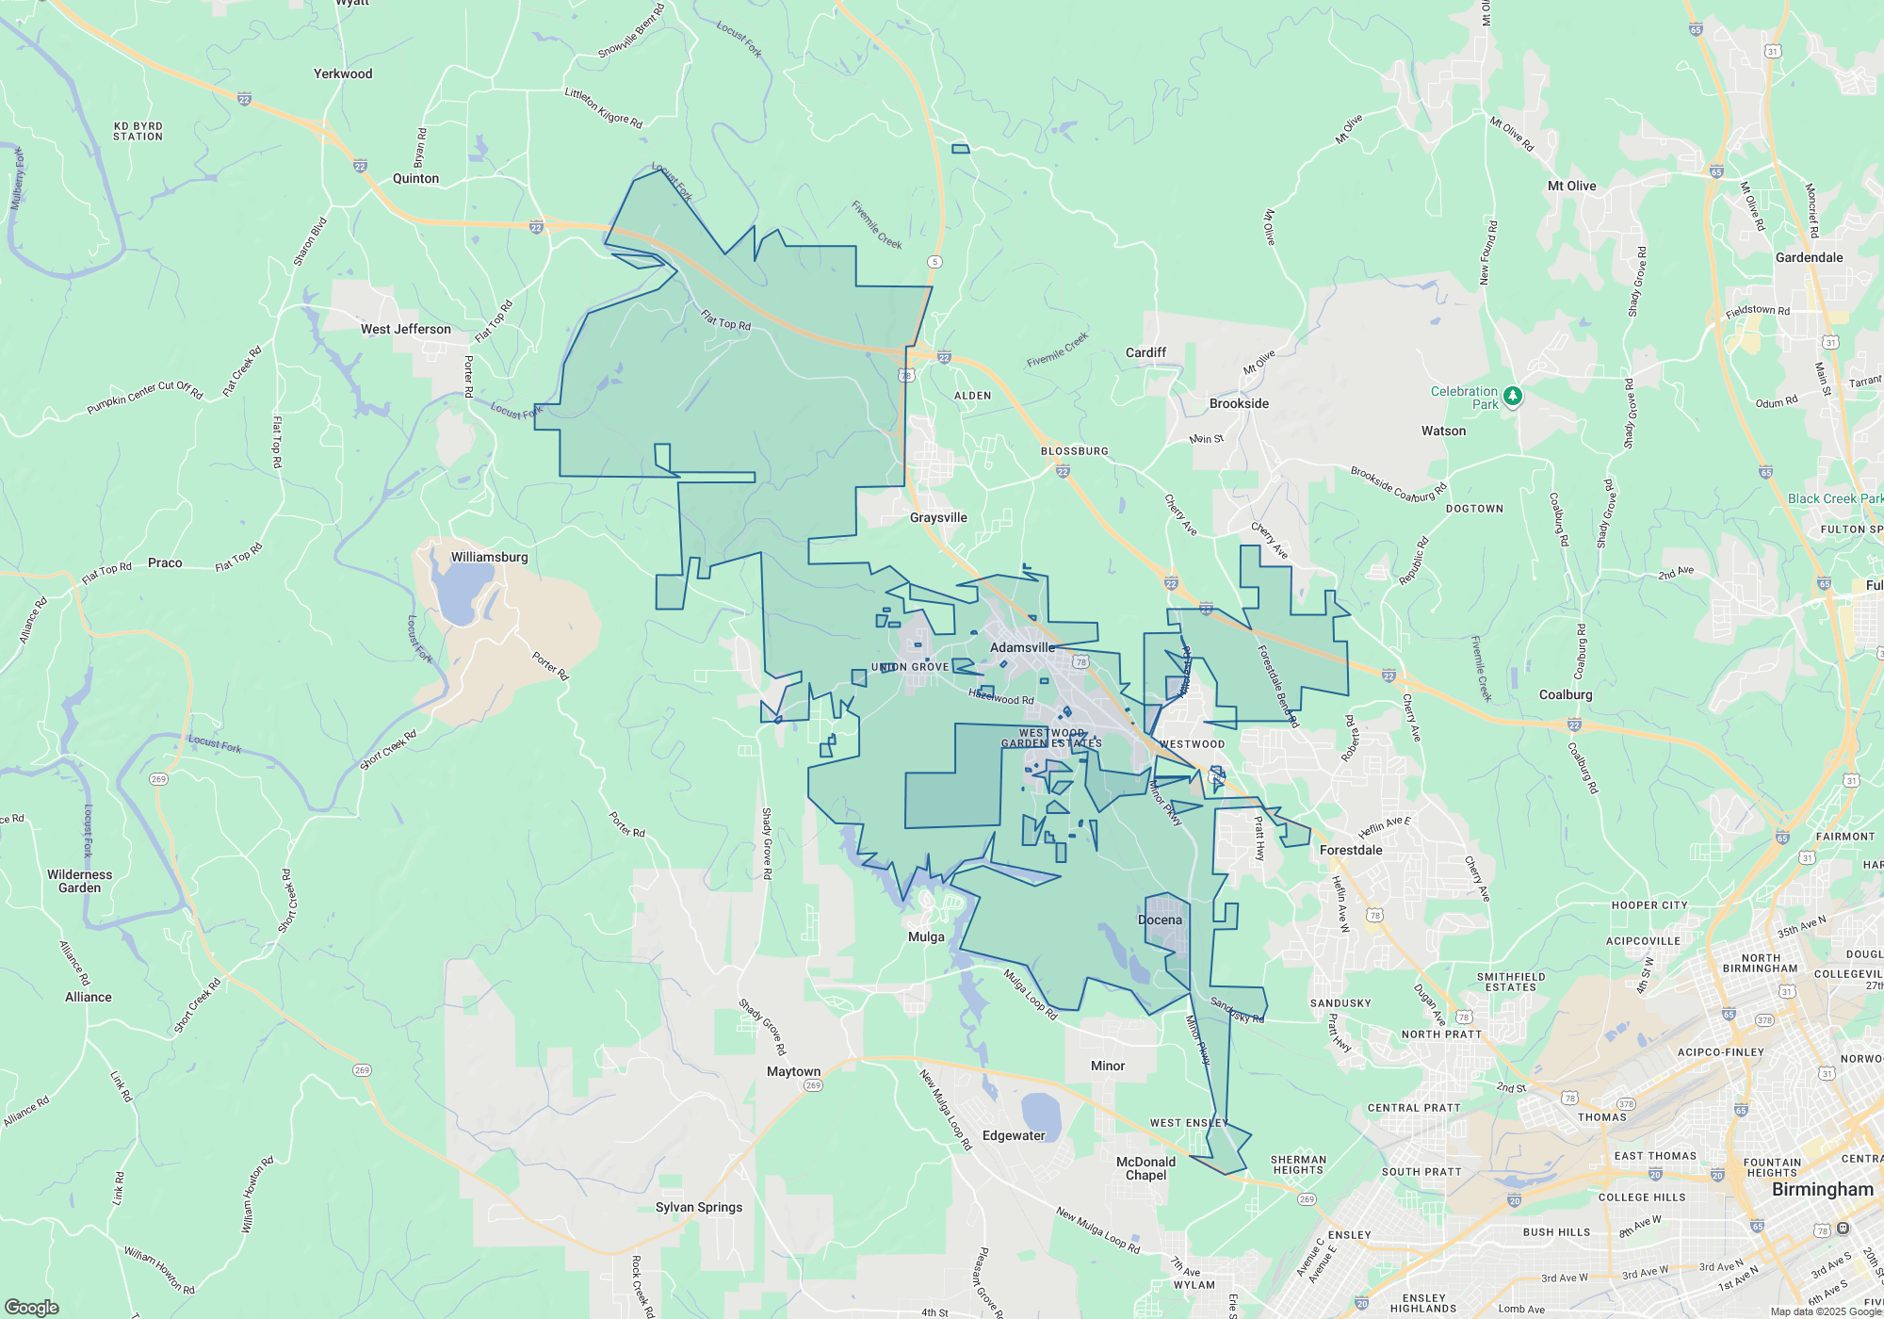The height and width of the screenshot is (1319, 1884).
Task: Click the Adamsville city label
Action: pyautogui.click(x=1022, y=647)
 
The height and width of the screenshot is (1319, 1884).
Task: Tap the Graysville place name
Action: pyautogui.click(x=938, y=517)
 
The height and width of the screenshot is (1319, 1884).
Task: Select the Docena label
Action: pyautogui.click(x=1160, y=920)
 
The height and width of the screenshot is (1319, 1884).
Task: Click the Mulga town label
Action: pyautogui.click(x=926, y=936)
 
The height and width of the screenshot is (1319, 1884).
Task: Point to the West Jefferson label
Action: pyautogui.click(x=406, y=329)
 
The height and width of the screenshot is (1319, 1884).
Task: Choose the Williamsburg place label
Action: pyautogui.click(x=489, y=557)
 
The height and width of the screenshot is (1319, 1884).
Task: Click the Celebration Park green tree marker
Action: pyautogui.click(x=1513, y=397)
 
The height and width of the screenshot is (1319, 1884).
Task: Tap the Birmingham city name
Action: pyautogui.click(x=1823, y=1189)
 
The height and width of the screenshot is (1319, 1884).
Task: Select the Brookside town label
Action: pyautogui.click(x=1239, y=403)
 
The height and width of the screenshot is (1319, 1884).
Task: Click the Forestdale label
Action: pyautogui.click(x=1351, y=850)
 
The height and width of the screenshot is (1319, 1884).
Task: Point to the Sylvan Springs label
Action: pyautogui.click(x=699, y=1207)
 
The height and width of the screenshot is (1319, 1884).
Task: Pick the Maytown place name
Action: pyautogui.click(x=793, y=1071)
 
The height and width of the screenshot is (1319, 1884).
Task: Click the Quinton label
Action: pyautogui.click(x=415, y=178)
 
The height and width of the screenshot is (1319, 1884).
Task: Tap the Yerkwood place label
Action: pyautogui.click(x=343, y=73)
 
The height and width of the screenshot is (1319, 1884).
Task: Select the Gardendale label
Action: pyautogui.click(x=1809, y=257)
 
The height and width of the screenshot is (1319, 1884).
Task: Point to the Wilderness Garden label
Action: pyautogui.click(x=79, y=881)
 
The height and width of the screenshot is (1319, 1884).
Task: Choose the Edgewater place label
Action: pyautogui.click(x=1014, y=1135)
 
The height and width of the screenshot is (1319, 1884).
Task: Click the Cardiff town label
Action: pyautogui.click(x=1145, y=352)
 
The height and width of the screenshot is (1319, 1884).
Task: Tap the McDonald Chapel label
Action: pyautogui.click(x=1145, y=1168)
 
